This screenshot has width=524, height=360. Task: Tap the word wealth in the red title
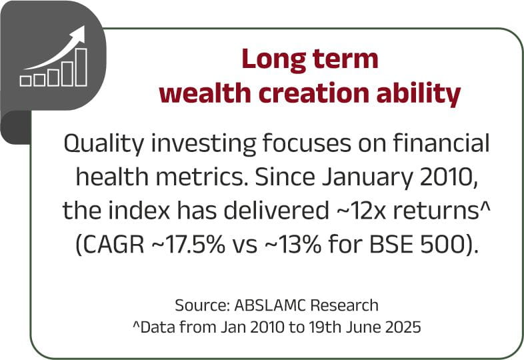pos(205,93)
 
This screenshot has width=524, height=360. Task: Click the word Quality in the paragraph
pos(103,144)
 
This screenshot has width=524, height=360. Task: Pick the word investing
pos(204,144)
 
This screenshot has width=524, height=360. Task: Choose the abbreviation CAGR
pos(114,245)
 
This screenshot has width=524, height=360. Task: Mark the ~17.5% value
pos(189,245)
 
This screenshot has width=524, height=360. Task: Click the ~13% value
pos(293,245)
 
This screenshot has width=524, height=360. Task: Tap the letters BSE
pos(390,245)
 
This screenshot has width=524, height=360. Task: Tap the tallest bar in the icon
pos(81,67)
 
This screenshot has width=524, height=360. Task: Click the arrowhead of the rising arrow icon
pos(79,33)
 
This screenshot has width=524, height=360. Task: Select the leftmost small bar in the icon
pos(25,81)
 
